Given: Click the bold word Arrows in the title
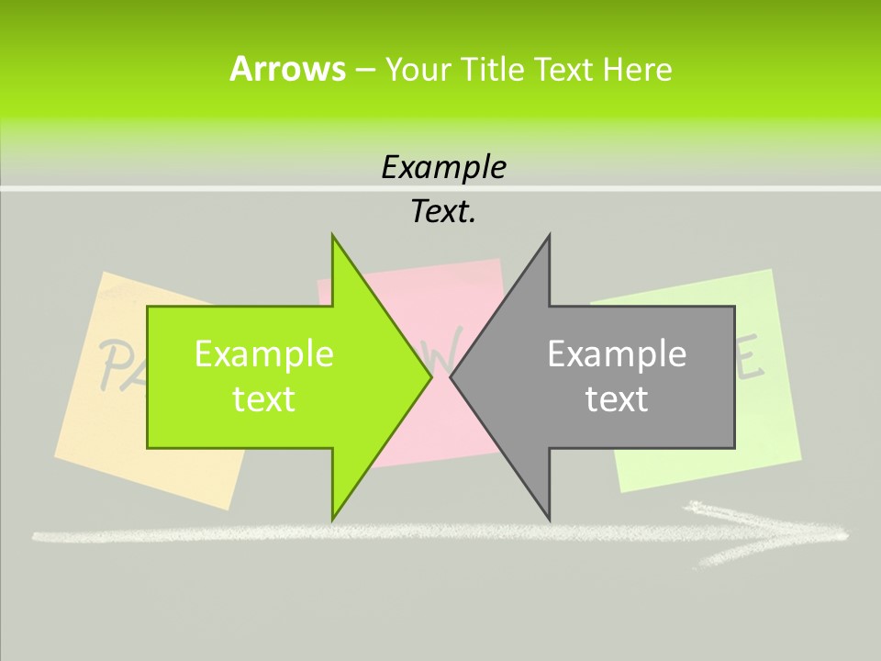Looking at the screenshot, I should coord(286,69).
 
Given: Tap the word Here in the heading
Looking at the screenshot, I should coord(637,69).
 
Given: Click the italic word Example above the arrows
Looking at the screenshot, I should coord(443,167).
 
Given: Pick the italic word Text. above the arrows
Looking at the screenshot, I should coord(443,211).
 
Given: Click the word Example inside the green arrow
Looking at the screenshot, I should coord(263,353).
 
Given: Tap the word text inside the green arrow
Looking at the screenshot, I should coord(263,398).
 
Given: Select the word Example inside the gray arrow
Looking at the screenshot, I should coord(617,353).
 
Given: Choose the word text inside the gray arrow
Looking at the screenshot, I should coord(617,398).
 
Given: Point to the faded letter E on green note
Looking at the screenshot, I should coord(751,362).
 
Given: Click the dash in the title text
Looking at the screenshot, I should coord(364,70).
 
